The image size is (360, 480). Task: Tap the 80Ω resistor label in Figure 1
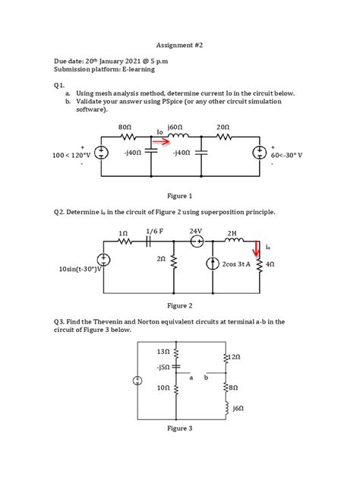[x=126, y=127]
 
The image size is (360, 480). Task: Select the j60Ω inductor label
[x=176, y=127]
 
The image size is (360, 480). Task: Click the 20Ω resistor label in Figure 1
[x=223, y=127]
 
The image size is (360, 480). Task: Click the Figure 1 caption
[x=180, y=195]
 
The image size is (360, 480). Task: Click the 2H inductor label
[x=232, y=232]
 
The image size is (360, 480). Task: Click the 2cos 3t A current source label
[x=235, y=264]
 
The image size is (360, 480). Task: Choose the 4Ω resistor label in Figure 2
[x=270, y=264]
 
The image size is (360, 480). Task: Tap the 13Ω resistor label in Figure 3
[x=163, y=352]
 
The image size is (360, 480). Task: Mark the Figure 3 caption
[x=180, y=428]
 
